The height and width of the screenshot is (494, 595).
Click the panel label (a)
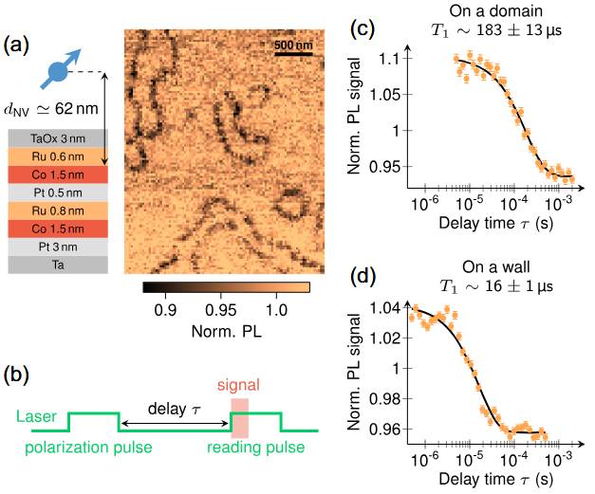(21, 45)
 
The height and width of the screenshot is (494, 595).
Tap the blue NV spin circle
(57, 71)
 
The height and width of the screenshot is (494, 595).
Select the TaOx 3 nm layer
(61, 138)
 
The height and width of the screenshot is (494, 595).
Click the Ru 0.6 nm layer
(61, 156)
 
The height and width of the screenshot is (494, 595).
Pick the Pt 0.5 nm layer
(61, 192)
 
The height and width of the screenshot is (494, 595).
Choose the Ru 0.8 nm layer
(61, 210)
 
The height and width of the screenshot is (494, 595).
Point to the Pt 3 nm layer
(61, 247)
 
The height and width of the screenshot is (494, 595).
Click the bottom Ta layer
(61, 265)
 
